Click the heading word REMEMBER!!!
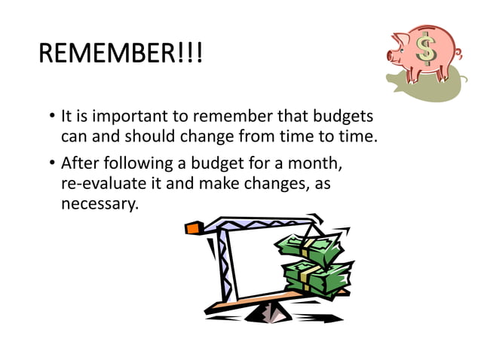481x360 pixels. [120, 54]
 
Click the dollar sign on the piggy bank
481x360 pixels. [427, 50]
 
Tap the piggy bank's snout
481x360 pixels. [392, 54]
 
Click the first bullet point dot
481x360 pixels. [46, 118]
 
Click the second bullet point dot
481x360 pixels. [46, 163]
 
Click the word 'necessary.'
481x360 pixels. [100, 204]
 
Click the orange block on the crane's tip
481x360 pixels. [193, 227]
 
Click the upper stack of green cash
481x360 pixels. [309, 249]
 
